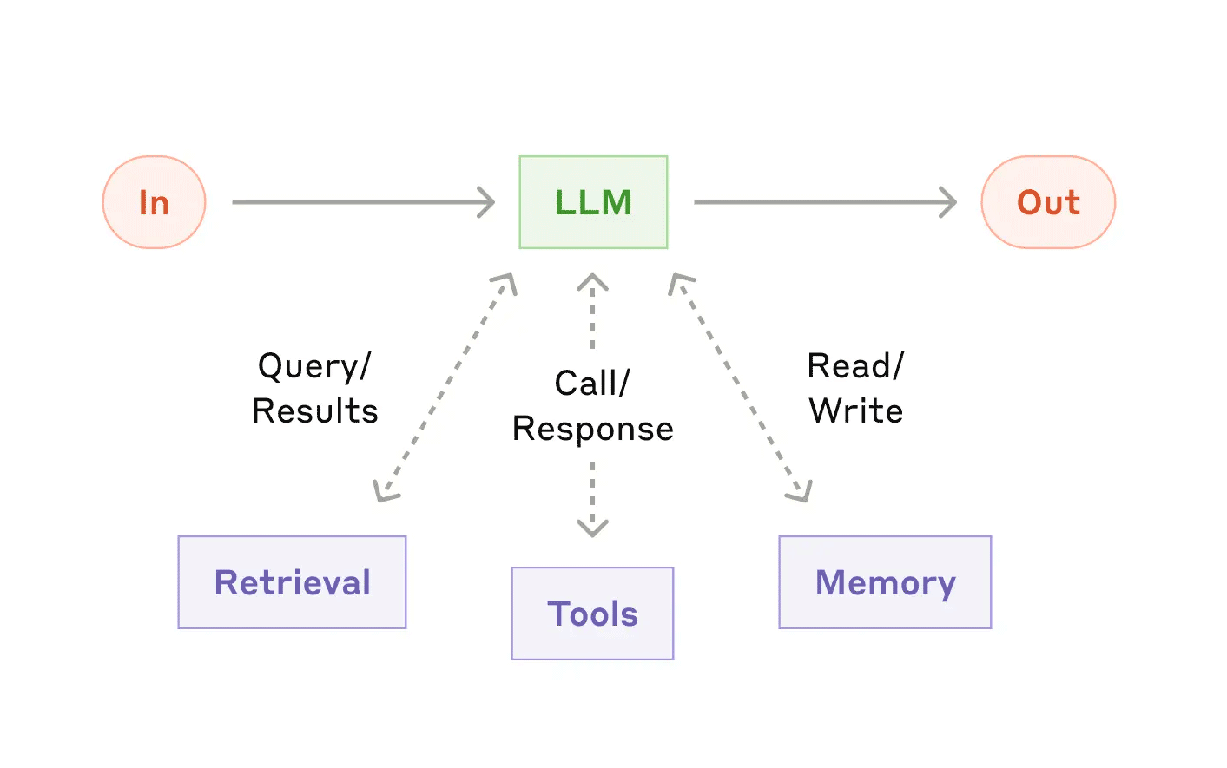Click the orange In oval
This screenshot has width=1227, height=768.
[x=154, y=202]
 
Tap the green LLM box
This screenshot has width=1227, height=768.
[x=593, y=202]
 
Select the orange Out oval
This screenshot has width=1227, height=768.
[x=1048, y=202]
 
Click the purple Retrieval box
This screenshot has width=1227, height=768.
[x=292, y=582]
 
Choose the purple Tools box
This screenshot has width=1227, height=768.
[x=592, y=614]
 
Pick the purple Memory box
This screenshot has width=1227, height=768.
[x=885, y=582]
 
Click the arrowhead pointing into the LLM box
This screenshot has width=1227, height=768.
[x=487, y=202]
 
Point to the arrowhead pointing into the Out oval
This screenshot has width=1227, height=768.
[x=949, y=202]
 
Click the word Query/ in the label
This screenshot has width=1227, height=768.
[x=314, y=366]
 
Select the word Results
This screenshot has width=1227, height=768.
[x=314, y=411]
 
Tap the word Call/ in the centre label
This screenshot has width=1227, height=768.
[x=592, y=384]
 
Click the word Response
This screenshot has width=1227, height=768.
[x=592, y=430]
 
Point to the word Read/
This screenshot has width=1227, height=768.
[x=855, y=366]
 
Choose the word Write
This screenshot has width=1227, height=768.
[x=855, y=411]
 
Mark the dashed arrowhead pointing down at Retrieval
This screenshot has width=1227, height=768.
[x=384, y=493]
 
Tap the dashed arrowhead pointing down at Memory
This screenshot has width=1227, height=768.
[x=802, y=493]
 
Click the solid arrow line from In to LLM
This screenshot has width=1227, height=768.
[x=356, y=202]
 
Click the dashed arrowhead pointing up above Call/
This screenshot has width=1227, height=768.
[x=592, y=282]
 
